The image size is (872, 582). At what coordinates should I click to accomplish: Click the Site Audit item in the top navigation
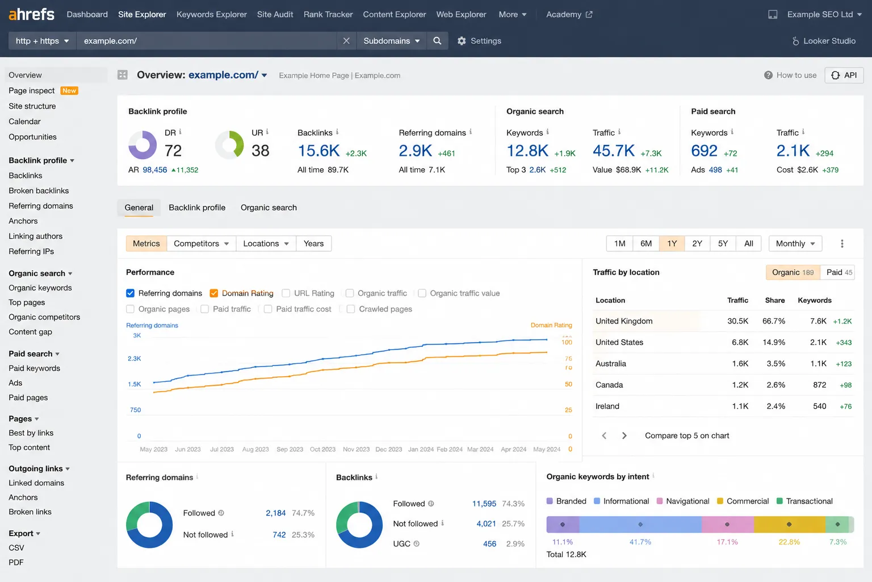275,14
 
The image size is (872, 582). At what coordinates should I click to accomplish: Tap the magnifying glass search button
437,40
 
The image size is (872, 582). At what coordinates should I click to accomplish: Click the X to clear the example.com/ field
346,40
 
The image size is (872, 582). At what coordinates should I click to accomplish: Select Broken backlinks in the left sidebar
39,190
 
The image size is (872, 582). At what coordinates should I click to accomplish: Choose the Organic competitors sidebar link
44,317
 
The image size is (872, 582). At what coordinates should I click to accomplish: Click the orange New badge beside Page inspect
69,90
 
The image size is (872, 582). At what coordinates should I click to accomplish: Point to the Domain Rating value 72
173,151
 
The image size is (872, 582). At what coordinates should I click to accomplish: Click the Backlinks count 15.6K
318,151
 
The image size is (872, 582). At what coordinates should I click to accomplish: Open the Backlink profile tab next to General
197,207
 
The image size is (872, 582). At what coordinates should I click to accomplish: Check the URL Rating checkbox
286,293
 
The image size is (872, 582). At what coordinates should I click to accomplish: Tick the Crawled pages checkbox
351,309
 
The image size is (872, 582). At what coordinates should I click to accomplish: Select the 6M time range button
646,244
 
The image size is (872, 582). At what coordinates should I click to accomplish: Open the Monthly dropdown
795,244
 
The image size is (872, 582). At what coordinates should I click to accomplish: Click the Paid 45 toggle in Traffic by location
839,272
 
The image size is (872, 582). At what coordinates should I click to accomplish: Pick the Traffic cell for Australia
740,364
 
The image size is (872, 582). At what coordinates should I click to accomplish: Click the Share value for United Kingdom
774,321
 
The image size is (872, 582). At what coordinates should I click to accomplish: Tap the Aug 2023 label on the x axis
255,449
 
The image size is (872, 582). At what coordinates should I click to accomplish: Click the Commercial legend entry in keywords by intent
743,501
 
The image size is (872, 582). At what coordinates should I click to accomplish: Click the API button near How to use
844,75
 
